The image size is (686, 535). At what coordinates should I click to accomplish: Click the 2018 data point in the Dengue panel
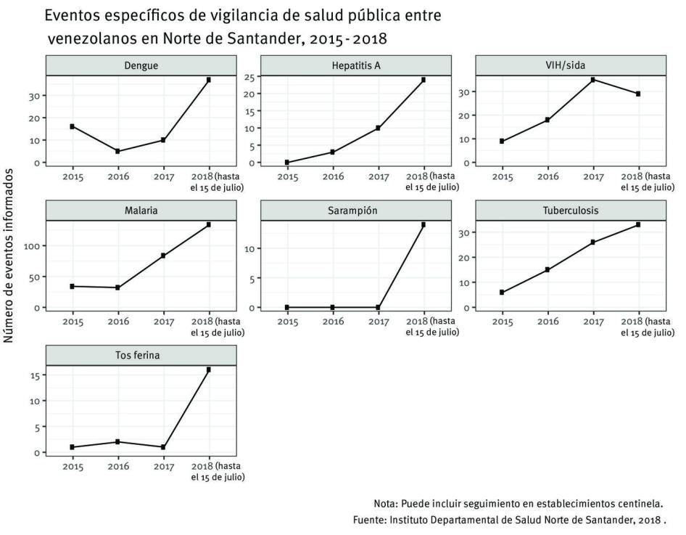(209, 80)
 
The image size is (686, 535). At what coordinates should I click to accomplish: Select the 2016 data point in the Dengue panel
(117, 151)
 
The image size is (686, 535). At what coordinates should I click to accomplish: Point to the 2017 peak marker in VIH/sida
(593, 80)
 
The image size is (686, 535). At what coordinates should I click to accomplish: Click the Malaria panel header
(141, 211)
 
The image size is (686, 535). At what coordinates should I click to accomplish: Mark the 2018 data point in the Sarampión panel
(423, 225)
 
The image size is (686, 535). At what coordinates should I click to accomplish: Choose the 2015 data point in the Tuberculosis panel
(502, 293)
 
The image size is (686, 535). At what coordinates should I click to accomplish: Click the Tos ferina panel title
(141, 356)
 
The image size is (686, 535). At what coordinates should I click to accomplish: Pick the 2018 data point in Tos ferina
(209, 370)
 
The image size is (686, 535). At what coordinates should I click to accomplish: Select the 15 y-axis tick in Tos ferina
(34, 375)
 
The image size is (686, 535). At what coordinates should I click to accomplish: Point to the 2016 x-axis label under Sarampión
(333, 321)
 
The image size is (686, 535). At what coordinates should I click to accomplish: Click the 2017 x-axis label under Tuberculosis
(593, 321)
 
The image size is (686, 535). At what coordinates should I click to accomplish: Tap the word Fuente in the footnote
(369, 520)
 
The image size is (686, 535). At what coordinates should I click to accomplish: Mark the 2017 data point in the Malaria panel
(163, 256)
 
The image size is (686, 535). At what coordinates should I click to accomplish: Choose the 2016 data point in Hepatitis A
(333, 152)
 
